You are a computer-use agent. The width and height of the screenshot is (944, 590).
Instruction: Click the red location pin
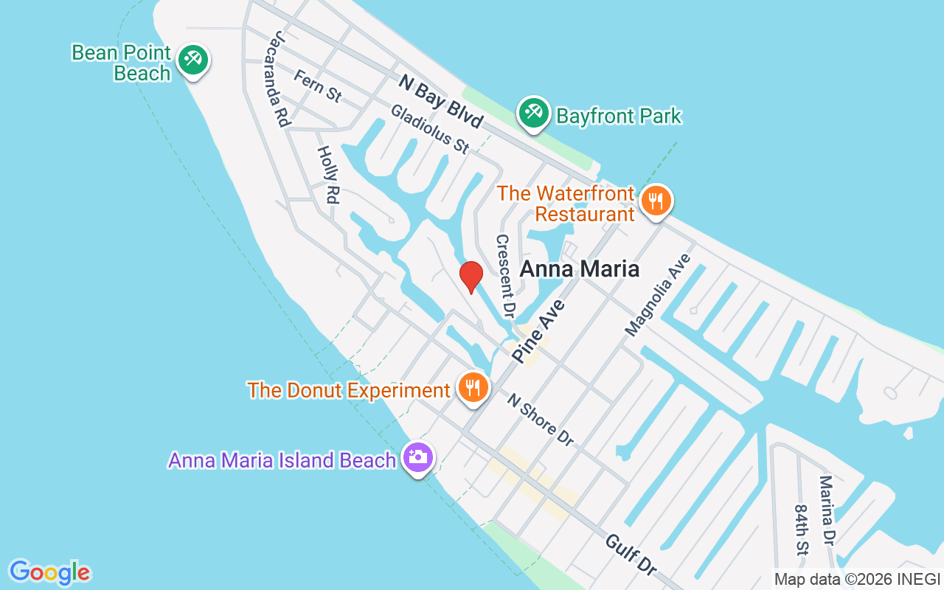[471, 277]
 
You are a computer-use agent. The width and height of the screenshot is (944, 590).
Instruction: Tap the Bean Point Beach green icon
[194, 59]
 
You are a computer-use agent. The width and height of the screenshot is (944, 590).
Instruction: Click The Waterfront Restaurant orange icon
[655, 201]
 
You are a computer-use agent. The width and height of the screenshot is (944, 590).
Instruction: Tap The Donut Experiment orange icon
[473, 387]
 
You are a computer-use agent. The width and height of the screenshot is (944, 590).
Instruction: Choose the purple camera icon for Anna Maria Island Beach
[418, 457]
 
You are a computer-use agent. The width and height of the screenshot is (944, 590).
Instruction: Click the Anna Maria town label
[579, 268]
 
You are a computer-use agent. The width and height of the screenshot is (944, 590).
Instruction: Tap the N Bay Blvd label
[440, 100]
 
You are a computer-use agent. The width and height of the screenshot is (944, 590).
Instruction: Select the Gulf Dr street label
[631, 555]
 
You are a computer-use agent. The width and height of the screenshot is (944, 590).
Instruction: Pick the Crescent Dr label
[504, 275]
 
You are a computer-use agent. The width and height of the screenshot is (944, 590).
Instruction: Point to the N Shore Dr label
[540, 419]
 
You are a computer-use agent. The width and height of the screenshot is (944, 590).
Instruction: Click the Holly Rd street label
[328, 174]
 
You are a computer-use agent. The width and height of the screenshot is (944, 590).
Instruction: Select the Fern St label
[318, 85]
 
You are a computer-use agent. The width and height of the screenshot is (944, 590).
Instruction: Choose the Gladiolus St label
[430, 128]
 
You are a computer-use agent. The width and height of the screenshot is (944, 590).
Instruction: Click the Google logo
[50, 572]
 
